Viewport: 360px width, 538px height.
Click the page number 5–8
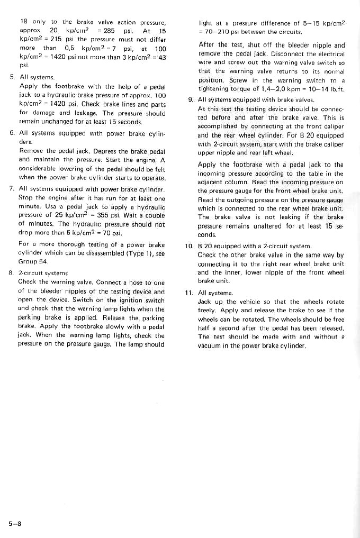14,524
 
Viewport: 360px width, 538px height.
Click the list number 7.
11,188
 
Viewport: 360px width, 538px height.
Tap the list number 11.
189,293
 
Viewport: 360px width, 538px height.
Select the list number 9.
190,99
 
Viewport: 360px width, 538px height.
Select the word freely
207,311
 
